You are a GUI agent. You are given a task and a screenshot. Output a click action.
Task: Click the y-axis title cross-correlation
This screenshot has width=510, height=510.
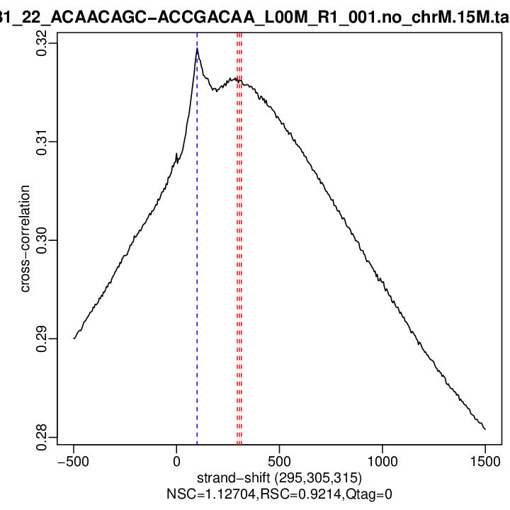(x=25, y=239)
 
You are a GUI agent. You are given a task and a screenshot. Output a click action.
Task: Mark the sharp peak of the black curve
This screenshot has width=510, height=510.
(x=197, y=48)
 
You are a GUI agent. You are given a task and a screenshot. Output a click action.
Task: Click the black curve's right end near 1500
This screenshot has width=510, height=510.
(x=485, y=429)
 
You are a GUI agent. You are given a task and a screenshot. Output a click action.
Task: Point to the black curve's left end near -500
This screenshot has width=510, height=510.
(x=74, y=338)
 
